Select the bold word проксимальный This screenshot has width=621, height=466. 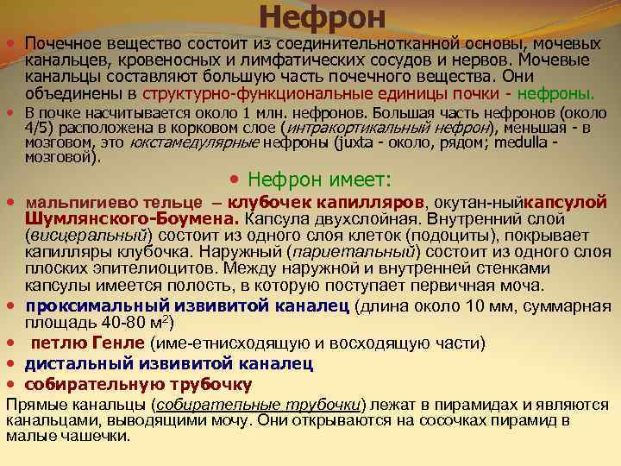pyautogui.click(x=97, y=305)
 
